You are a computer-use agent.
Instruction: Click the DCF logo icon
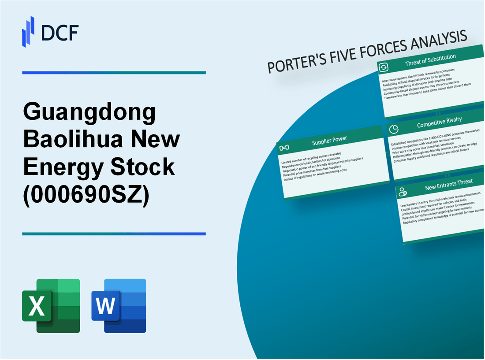pyautogui.click(x=28, y=31)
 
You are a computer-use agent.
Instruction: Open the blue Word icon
pyautogui.click(x=119, y=305)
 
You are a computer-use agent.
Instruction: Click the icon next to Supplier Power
pyautogui.click(x=286, y=147)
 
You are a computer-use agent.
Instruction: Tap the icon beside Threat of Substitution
pyautogui.click(x=384, y=67)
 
